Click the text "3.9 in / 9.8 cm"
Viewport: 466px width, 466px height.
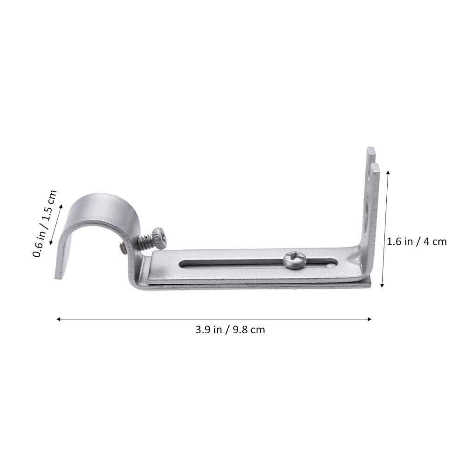[x=230, y=330]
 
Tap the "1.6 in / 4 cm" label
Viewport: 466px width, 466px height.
[x=417, y=241]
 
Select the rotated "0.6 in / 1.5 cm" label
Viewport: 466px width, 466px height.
[x=44, y=224]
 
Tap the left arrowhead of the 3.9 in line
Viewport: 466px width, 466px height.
[x=58, y=319]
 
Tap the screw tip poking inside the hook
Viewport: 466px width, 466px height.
[x=122, y=249]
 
